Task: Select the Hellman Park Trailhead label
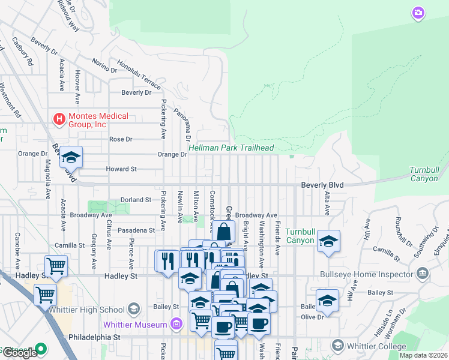(232, 148)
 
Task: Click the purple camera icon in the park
(418, 13)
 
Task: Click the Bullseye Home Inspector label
(373, 274)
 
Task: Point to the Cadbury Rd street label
(23, 51)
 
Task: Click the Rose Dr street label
(121, 139)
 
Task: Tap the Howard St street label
(121, 169)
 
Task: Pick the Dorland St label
(135, 199)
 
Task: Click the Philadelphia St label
(94, 338)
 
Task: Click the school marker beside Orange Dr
(71, 158)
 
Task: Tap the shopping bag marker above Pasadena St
(223, 232)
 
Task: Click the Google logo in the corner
(19, 353)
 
